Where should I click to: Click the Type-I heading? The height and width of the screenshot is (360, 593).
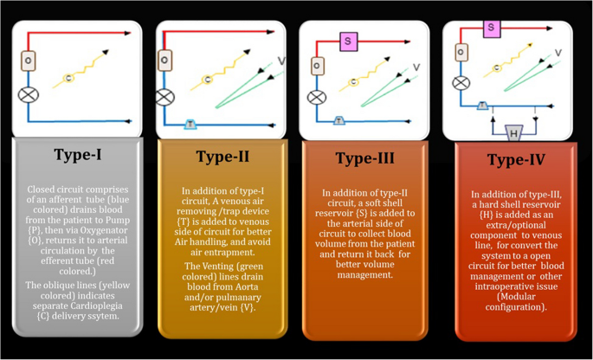click(x=78, y=156)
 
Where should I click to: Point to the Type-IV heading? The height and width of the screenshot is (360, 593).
click(x=516, y=159)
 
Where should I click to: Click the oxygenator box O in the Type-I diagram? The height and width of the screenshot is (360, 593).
click(x=29, y=61)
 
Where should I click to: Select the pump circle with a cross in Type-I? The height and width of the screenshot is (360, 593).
click(x=29, y=93)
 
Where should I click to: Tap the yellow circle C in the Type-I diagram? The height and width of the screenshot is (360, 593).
click(x=68, y=80)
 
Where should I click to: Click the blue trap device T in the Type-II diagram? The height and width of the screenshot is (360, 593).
click(x=190, y=124)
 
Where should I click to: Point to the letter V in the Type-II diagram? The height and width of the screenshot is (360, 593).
click(x=280, y=61)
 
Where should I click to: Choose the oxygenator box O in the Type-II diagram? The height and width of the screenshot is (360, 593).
click(x=164, y=61)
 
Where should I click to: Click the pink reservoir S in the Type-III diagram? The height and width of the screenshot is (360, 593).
click(x=348, y=41)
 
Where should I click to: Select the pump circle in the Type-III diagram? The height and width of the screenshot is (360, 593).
click(x=317, y=97)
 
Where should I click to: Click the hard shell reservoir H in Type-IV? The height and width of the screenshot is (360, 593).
click(x=513, y=133)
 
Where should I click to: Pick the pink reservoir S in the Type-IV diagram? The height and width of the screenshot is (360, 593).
click(x=492, y=28)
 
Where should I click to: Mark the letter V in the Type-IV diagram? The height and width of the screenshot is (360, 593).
click(x=558, y=53)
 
